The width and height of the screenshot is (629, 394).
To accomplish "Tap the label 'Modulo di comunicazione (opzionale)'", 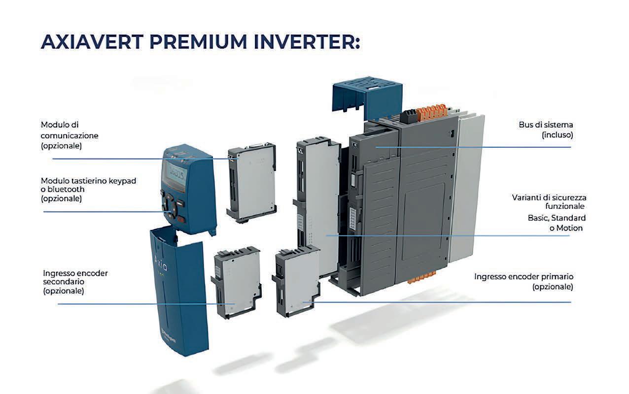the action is tap(69, 135).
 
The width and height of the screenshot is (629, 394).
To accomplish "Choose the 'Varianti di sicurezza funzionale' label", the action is tap(549, 202).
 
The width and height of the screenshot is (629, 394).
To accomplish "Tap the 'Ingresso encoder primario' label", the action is tap(524, 282).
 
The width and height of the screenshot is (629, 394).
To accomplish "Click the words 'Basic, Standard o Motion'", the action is tap(557, 223).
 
